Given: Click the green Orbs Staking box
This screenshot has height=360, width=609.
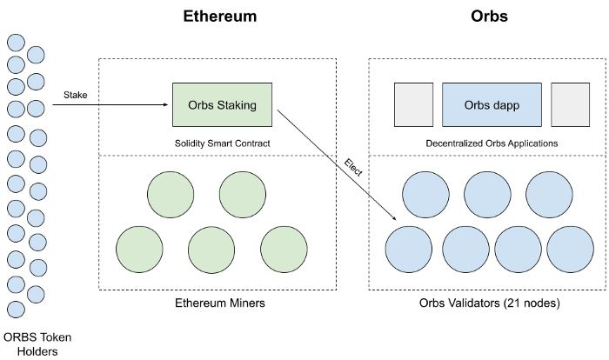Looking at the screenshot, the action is click(222, 105).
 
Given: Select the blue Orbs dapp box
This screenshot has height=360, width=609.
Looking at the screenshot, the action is click(492, 105).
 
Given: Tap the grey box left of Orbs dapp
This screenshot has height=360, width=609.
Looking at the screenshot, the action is click(413, 105).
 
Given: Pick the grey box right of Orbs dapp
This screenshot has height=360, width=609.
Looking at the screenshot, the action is click(570, 105).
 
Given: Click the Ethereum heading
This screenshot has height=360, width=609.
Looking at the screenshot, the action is click(220, 17).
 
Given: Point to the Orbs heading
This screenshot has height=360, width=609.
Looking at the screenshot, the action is click(489, 17).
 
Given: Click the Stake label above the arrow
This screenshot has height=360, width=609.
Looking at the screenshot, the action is click(76, 95).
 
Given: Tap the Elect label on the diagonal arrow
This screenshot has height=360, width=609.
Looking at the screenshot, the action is click(353, 168).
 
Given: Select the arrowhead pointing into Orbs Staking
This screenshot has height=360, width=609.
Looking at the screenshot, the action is click(166, 104).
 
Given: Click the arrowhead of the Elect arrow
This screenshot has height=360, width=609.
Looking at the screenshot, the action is click(394, 218).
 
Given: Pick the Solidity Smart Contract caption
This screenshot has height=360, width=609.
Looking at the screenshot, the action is click(222, 143).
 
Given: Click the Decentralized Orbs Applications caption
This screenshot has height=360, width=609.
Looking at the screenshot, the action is click(492, 143).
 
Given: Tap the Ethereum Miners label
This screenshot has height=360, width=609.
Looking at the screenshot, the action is click(220, 303).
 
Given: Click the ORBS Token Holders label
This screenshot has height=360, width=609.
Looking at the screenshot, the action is click(37, 344).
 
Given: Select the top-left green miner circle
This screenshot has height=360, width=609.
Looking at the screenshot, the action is click(171, 195).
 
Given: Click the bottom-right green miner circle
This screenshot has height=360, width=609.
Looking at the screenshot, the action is click(284, 250).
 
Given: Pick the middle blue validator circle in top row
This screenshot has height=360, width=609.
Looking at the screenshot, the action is click(487, 195).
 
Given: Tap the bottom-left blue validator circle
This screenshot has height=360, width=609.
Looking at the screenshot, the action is click(409, 250).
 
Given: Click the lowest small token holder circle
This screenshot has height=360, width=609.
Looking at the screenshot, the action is click(16, 310).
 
